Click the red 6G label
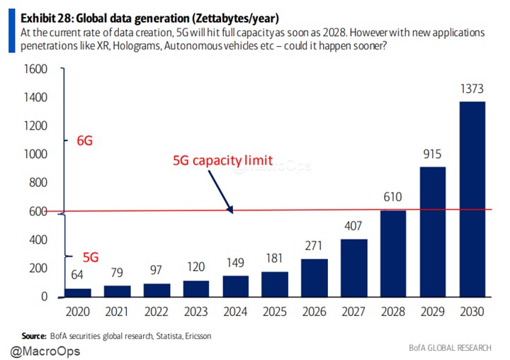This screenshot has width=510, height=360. pyautogui.click(x=84, y=140)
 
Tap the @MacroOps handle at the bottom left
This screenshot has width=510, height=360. pyautogui.click(x=45, y=350)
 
